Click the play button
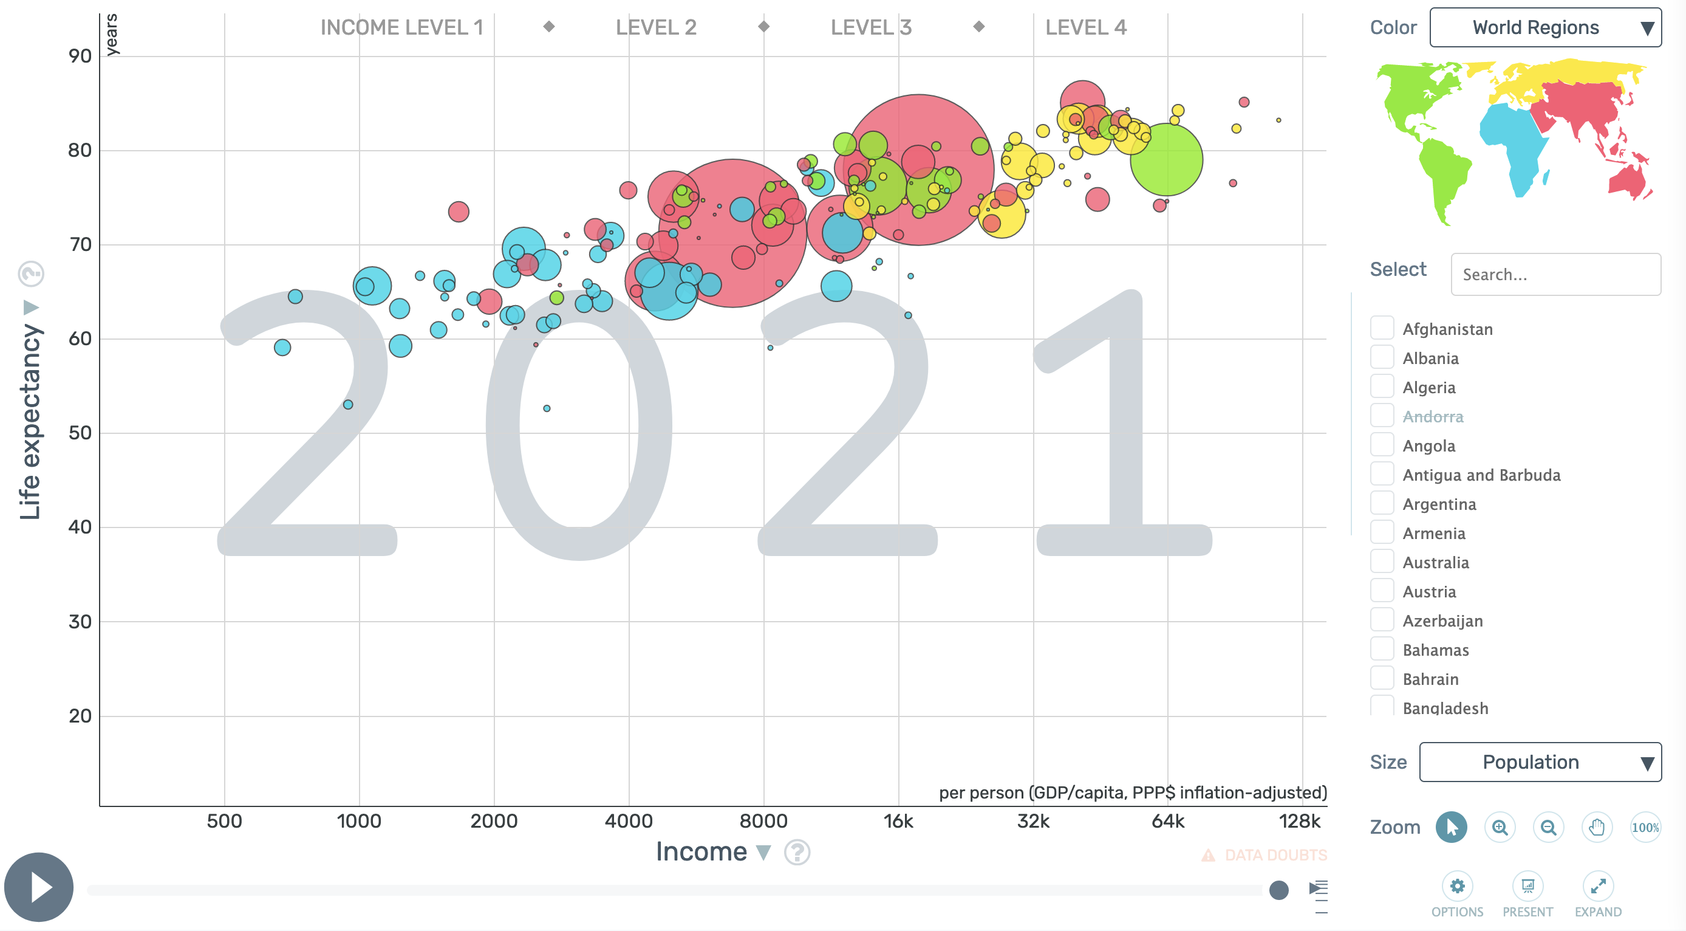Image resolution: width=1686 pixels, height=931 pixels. tap(39, 887)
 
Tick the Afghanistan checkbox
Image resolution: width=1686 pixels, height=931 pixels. tap(1382, 328)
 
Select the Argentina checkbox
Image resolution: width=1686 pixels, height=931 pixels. tap(1382, 503)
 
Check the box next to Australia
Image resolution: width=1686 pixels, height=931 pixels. tap(1382, 562)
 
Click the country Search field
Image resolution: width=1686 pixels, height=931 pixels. tap(1555, 274)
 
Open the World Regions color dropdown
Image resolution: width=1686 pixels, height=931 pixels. tap(1544, 27)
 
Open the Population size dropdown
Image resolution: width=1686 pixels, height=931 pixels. tap(1540, 762)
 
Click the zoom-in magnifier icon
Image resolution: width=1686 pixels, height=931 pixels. tap(1500, 828)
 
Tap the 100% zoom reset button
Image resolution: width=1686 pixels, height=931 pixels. tap(1645, 828)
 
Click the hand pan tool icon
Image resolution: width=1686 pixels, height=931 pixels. tap(1596, 828)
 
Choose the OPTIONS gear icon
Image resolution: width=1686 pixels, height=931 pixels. tap(1457, 887)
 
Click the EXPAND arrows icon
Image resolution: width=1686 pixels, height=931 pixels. tap(1598, 887)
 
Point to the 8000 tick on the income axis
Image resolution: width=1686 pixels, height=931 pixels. tap(763, 821)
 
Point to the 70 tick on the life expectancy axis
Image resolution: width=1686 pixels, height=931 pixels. tap(80, 245)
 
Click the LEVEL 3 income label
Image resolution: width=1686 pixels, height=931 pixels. tap(870, 27)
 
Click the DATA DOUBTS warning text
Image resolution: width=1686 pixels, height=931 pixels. tap(1275, 855)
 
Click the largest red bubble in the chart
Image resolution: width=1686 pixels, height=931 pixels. tap(919, 170)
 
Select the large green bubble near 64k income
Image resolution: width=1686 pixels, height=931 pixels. tap(1166, 159)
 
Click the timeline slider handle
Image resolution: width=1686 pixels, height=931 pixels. tap(1278, 890)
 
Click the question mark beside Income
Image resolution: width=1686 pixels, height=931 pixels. tap(796, 853)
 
